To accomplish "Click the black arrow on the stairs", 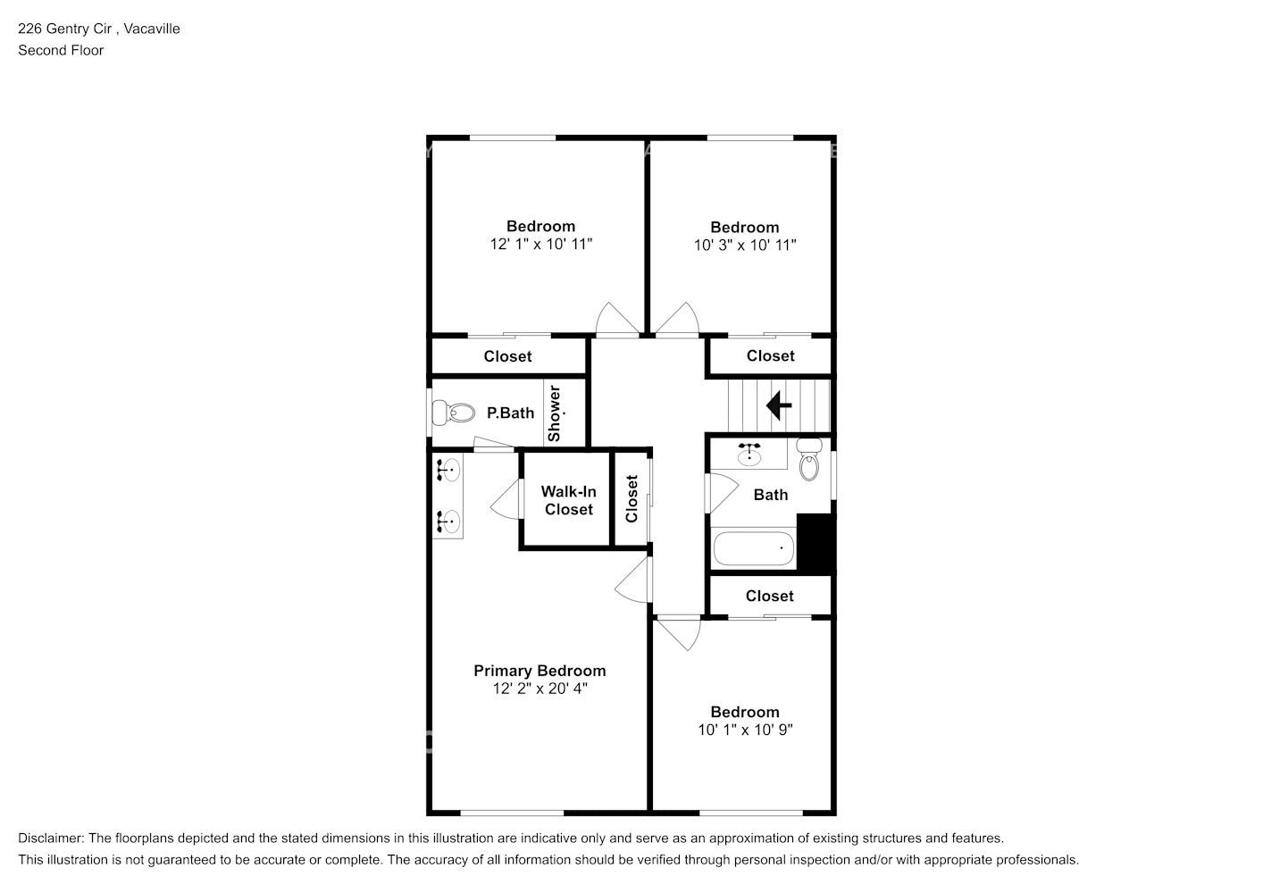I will [779, 405].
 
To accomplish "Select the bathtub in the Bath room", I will [753, 548].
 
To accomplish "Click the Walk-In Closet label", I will [568, 500].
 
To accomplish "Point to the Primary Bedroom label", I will [539, 671].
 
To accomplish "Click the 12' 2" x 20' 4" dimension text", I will [539, 689].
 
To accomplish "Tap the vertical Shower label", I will [554, 413].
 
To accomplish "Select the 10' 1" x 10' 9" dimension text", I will [745, 730].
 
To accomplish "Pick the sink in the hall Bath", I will [749, 455].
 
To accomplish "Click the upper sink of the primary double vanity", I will [447, 468].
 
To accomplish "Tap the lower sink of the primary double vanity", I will [447, 519].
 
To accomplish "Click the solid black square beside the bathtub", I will [815, 542].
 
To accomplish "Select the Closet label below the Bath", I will [769, 596].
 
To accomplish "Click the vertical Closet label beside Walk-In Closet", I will [632, 498].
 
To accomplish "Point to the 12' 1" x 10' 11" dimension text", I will [541, 244].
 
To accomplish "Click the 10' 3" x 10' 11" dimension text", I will [745, 245].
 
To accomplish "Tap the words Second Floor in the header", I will [61, 50].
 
